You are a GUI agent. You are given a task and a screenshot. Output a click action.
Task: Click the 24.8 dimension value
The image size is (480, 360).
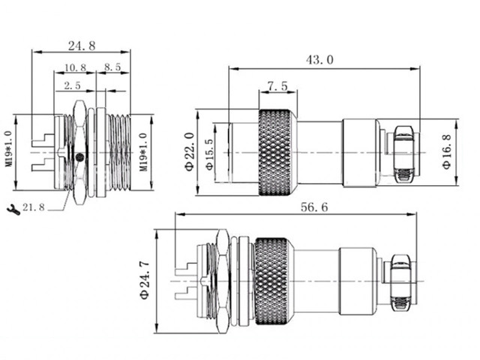(x=81, y=45)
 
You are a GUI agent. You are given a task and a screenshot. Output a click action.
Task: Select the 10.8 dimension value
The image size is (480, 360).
(x=75, y=67)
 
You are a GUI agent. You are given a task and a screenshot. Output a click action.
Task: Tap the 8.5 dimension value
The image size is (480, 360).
(x=113, y=67)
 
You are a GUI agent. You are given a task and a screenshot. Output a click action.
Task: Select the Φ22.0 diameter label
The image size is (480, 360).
(x=190, y=151)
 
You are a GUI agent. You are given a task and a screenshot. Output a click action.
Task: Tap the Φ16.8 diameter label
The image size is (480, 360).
(x=446, y=152)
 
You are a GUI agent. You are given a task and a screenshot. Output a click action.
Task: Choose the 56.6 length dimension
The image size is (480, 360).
(x=312, y=208)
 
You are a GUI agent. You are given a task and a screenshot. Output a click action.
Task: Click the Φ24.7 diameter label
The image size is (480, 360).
(x=147, y=280)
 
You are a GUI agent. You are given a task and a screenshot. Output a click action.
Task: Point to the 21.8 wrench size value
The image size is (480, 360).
(x=34, y=207)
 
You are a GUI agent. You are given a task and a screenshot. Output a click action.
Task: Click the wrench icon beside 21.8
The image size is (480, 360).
(x=13, y=207)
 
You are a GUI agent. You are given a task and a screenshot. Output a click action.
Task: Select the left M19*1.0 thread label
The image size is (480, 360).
(x=8, y=152)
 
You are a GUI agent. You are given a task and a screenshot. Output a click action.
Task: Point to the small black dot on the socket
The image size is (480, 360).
(x=80, y=157)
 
